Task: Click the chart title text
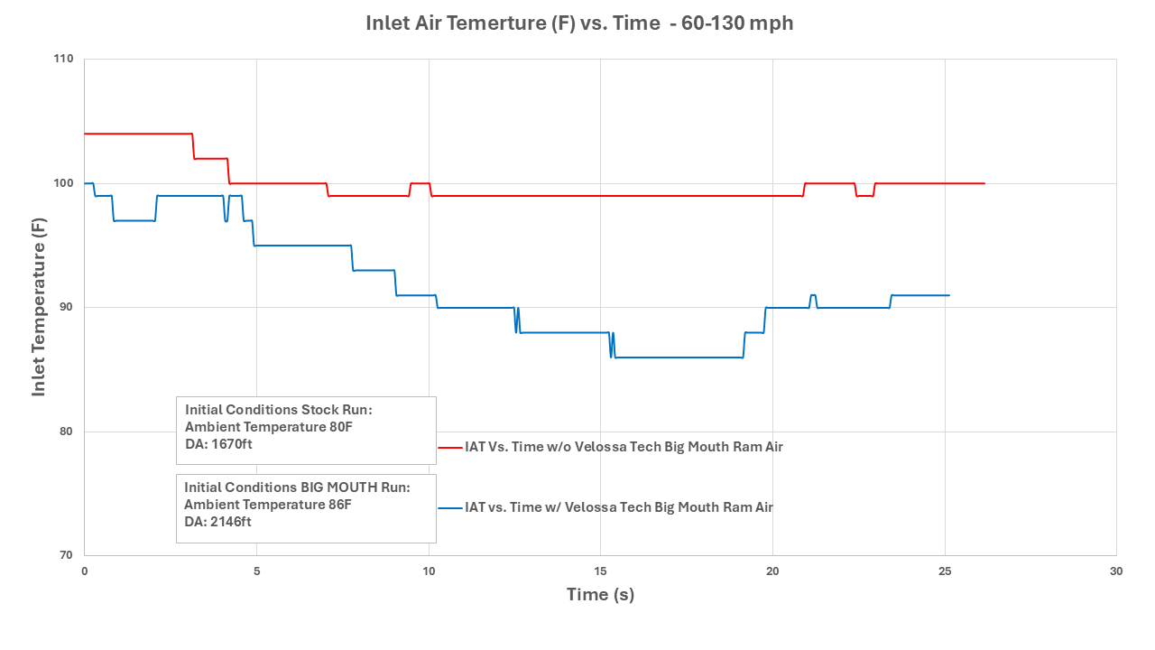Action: click(x=579, y=23)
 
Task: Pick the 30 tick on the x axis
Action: click(x=1116, y=571)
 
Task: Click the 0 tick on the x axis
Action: click(x=85, y=571)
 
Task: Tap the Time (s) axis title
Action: click(x=600, y=595)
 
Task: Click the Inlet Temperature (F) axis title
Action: click(x=39, y=307)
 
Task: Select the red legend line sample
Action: click(x=449, y=447)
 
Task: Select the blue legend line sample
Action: click(x=449, y=507)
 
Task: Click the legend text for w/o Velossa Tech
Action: click(x=624, y=447)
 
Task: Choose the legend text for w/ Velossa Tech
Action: click(x=619, y=507)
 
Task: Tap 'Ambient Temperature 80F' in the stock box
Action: click(x=269, y=426)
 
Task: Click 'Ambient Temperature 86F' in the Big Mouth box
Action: click(x=268, y=504)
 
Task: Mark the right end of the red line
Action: click(x=984, y=183)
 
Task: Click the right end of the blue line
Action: click(x=948, y=295)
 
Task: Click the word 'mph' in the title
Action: click(x=775, y=23)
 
